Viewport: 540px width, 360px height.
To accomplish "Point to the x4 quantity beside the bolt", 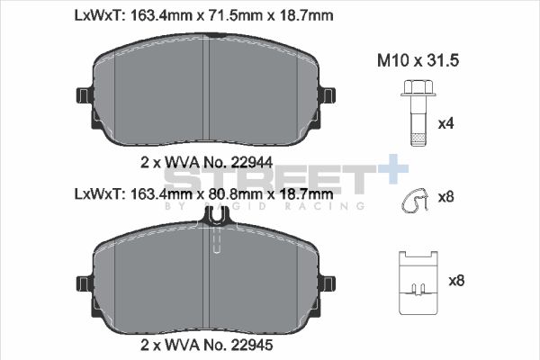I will tap(445, 123).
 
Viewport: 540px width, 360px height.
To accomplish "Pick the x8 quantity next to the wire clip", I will tap(445, 196).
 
